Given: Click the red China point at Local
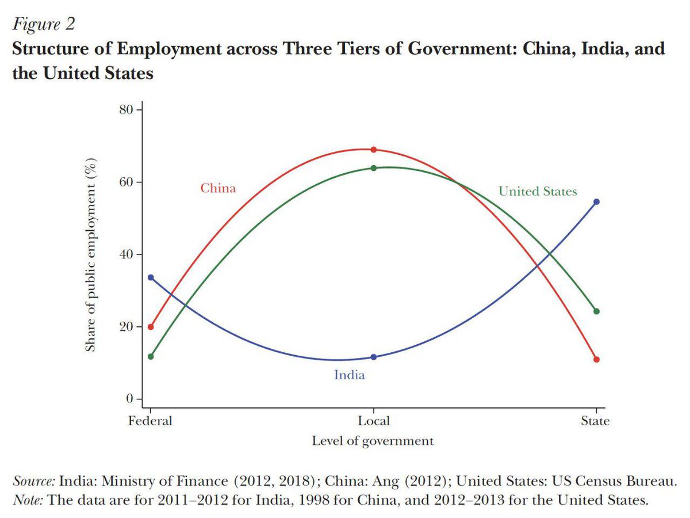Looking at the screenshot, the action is [373, 150].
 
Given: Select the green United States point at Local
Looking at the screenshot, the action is [373, 168].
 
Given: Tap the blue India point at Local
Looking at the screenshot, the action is [373, 357].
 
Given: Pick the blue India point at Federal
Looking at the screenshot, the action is [151, 277].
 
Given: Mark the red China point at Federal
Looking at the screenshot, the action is [151, 327].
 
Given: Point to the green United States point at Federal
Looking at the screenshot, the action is [151, 356].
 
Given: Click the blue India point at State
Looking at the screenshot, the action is [596, 201].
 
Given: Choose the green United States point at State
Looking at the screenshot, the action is [596, 311].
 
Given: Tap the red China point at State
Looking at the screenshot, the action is [596, 360].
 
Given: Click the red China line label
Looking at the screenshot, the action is [218, 188].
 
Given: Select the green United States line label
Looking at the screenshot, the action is [538, 191].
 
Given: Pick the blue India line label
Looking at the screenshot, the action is [350, 375].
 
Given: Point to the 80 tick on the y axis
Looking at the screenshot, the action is [126, 109].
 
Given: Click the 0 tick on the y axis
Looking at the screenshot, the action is [129, 399].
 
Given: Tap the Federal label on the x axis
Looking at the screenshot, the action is [150, 421].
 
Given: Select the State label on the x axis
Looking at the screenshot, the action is [595, 421].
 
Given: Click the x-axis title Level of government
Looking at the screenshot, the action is [373, 441].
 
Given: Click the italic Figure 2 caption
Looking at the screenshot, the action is [44, 24].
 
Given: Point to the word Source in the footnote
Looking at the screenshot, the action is [33, 481].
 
